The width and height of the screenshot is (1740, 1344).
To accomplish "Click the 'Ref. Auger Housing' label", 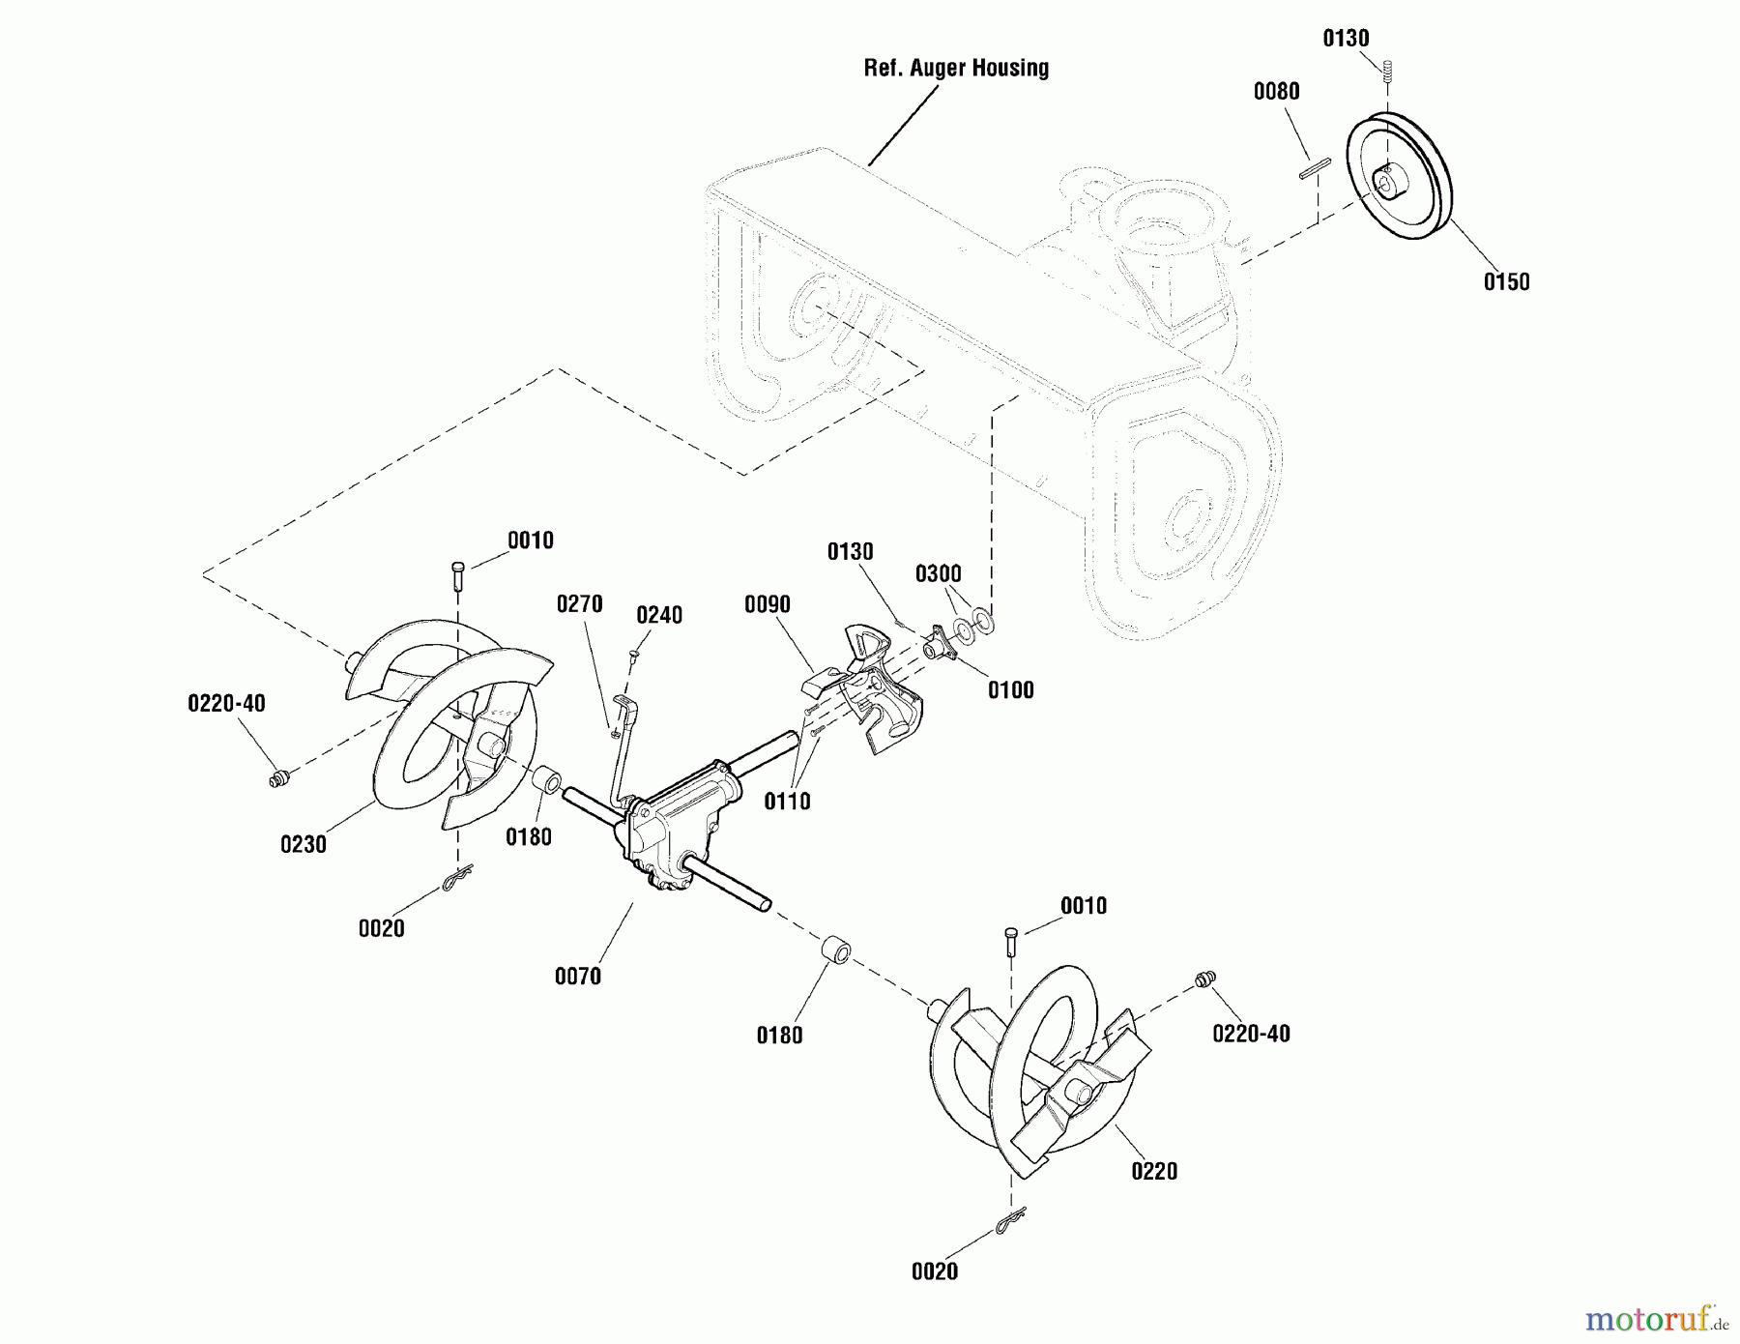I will click(955, 68).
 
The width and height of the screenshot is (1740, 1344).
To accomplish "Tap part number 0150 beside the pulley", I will click(1506, 282).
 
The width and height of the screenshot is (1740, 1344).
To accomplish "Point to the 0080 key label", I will click(1276, 92).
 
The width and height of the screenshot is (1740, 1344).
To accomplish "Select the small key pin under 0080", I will click(1316, 168).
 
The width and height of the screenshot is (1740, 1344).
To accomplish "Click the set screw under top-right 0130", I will click(1388, 71).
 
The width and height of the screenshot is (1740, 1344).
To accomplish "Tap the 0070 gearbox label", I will click(578, 977).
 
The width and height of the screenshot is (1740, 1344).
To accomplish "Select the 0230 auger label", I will click(304, 844).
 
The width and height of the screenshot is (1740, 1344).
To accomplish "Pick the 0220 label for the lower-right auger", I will click(1154, 1172).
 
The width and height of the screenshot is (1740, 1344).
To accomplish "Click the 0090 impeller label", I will click(768, 605).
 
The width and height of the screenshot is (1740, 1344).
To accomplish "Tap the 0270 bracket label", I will click(579, 604).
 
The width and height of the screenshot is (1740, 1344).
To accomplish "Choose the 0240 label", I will click(659, 616).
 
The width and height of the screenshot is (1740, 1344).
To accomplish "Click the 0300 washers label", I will click(939, 574).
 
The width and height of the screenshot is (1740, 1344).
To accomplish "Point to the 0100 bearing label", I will click(1010, 690).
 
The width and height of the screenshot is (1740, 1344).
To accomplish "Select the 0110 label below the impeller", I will click(787, 802).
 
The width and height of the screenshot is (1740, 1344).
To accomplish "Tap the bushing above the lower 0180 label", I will click(835, 950).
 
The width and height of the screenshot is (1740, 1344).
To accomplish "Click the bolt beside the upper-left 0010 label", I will click(457, 576).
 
